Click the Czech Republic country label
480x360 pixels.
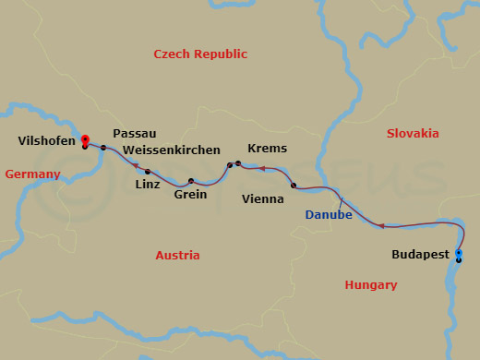point(200,54)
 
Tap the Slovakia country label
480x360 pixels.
point(412,133)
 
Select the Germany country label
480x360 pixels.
point(32,174)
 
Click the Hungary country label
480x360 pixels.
point(371,285)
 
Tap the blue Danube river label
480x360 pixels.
point(329,215)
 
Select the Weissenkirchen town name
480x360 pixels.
point(171,150)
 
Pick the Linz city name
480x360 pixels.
point(148,185)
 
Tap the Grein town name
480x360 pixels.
point(190,195)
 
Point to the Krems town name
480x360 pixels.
point(268,149)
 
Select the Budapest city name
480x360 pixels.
point(421,254)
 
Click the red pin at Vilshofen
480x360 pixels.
point(84,136)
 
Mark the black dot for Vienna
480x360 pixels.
point(294,186)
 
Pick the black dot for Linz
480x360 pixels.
point(148,172)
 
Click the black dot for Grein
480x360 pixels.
point(191,181)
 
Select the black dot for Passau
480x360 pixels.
point(103,148)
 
